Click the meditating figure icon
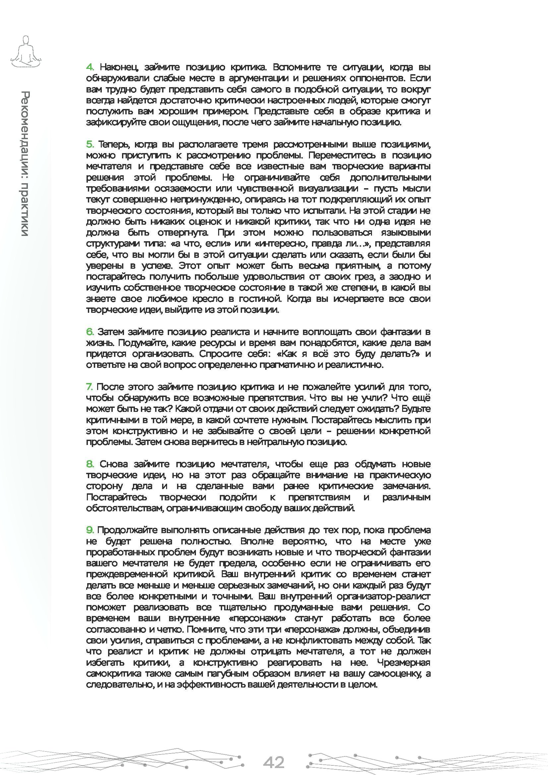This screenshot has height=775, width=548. click(26, 51)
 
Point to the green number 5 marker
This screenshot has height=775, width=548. click(90, 144)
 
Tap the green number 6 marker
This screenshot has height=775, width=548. click(90, 332)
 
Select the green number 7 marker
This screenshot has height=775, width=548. click(89, 387)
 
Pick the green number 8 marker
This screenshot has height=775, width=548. click(90, 464)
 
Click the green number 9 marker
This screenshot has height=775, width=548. click(90, 530)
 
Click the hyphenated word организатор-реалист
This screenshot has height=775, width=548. click(383, 596)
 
